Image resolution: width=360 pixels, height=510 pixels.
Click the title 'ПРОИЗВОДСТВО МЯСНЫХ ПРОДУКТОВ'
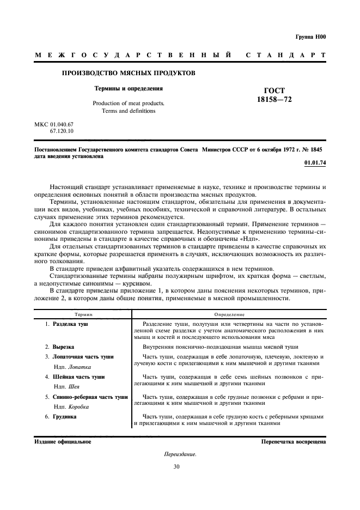click(x=128, y=72)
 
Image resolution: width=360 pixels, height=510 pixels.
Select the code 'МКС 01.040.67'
click(x=54, y=125)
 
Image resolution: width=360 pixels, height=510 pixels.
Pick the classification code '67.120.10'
click(x=62, y=131)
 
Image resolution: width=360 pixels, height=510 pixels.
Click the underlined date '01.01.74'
click(x=315, y=162)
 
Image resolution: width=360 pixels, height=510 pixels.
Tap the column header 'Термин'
click(x=83, y=314)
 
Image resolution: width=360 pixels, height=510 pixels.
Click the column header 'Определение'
click(x=229, y=314)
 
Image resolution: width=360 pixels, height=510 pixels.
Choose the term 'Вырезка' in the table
click(x=63, y=347)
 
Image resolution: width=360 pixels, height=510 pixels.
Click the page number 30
click(x=176, y=466)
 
